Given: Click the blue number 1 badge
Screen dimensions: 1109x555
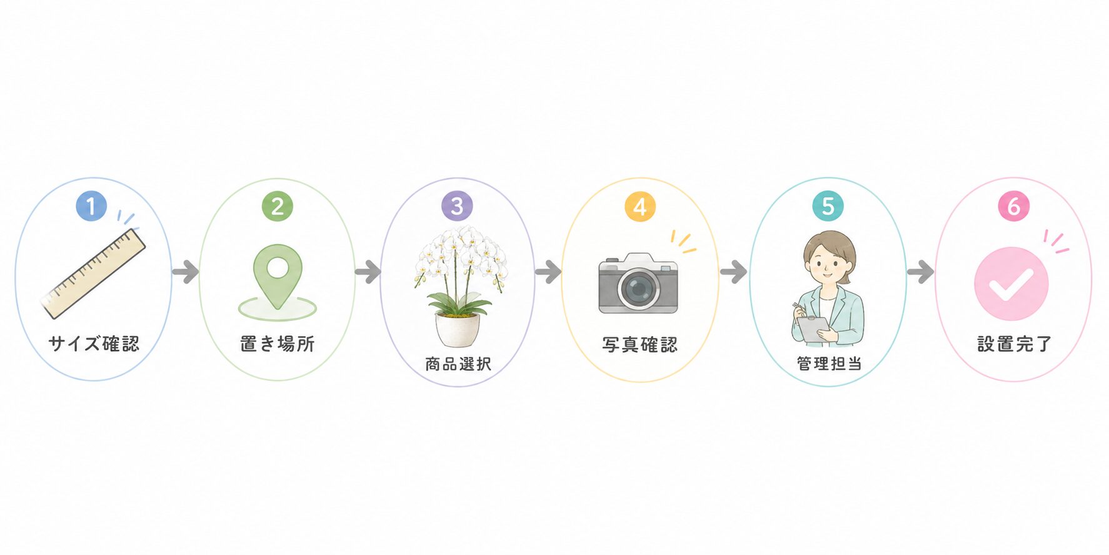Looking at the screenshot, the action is tap(91, 206).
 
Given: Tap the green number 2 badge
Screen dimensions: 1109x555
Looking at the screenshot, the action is tap(277, 206).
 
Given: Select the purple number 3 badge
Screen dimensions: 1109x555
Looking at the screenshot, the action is tap(457, 206).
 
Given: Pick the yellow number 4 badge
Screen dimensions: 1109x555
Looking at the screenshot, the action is tap(640, 206).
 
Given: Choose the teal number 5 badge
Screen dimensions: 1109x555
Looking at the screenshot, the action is tap(828, 206).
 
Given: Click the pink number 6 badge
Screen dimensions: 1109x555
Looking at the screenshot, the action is tap(1013, 206).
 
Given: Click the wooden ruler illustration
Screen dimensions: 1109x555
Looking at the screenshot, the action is tap(94, 274).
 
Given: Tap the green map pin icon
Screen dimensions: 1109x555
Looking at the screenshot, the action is tap(278, 275).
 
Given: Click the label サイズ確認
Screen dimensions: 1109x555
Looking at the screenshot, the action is tap(94, 344).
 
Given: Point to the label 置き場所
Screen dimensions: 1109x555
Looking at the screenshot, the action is tap(278, 344).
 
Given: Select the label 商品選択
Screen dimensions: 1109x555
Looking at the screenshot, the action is tap(458, 364).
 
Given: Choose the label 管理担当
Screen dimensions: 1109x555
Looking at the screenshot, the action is tap(829, 364).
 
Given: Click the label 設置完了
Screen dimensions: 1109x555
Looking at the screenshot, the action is tap(1014, 344).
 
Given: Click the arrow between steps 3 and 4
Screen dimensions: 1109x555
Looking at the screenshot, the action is tap(548, 272).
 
